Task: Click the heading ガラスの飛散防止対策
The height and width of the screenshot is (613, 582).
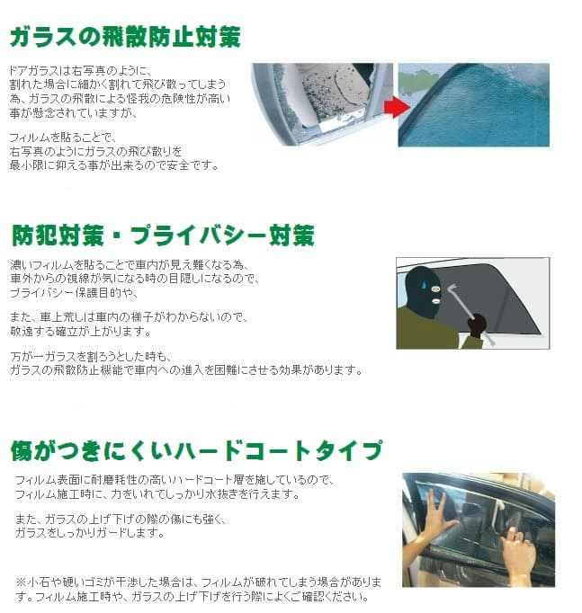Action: coord(125,37)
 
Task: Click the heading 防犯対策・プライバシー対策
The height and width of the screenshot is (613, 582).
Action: coord(163,235)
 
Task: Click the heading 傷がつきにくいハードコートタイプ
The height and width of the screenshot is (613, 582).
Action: coord(196,450)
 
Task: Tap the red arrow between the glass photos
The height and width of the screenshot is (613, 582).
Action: coord(397,106)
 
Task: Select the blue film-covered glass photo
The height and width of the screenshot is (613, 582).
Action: coord(474,105)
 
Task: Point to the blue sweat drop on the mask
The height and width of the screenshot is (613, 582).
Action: coord(424,284)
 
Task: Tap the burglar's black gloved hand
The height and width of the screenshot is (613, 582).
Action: coord(477,325)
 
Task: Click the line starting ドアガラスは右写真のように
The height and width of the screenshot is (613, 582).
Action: coord(80,71)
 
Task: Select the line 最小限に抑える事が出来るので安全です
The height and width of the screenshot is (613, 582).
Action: coord(114,165)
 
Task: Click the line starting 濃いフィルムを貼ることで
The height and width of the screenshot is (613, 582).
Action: coord(130,264)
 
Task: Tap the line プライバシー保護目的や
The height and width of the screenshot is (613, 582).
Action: coord(74,292)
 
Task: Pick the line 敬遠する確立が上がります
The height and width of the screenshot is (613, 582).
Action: coord(81,332)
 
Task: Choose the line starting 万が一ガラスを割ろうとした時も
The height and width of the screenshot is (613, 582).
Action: coord(91,356)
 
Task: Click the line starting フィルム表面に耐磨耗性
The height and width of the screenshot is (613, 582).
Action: coord(175,480)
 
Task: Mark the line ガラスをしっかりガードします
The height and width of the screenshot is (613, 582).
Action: coord(90,532)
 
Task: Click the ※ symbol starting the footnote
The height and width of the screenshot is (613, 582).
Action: coord(21,582)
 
